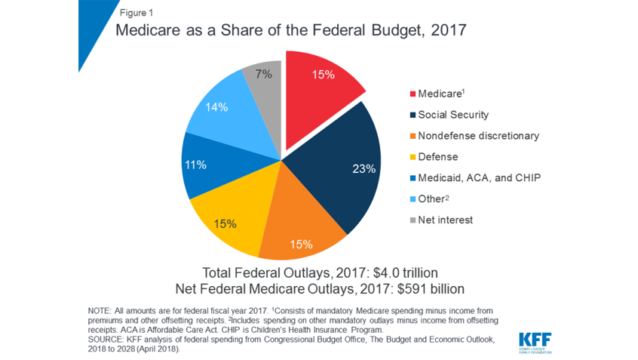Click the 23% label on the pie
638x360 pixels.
[364, 169]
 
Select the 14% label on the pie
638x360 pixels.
[216, 108]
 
